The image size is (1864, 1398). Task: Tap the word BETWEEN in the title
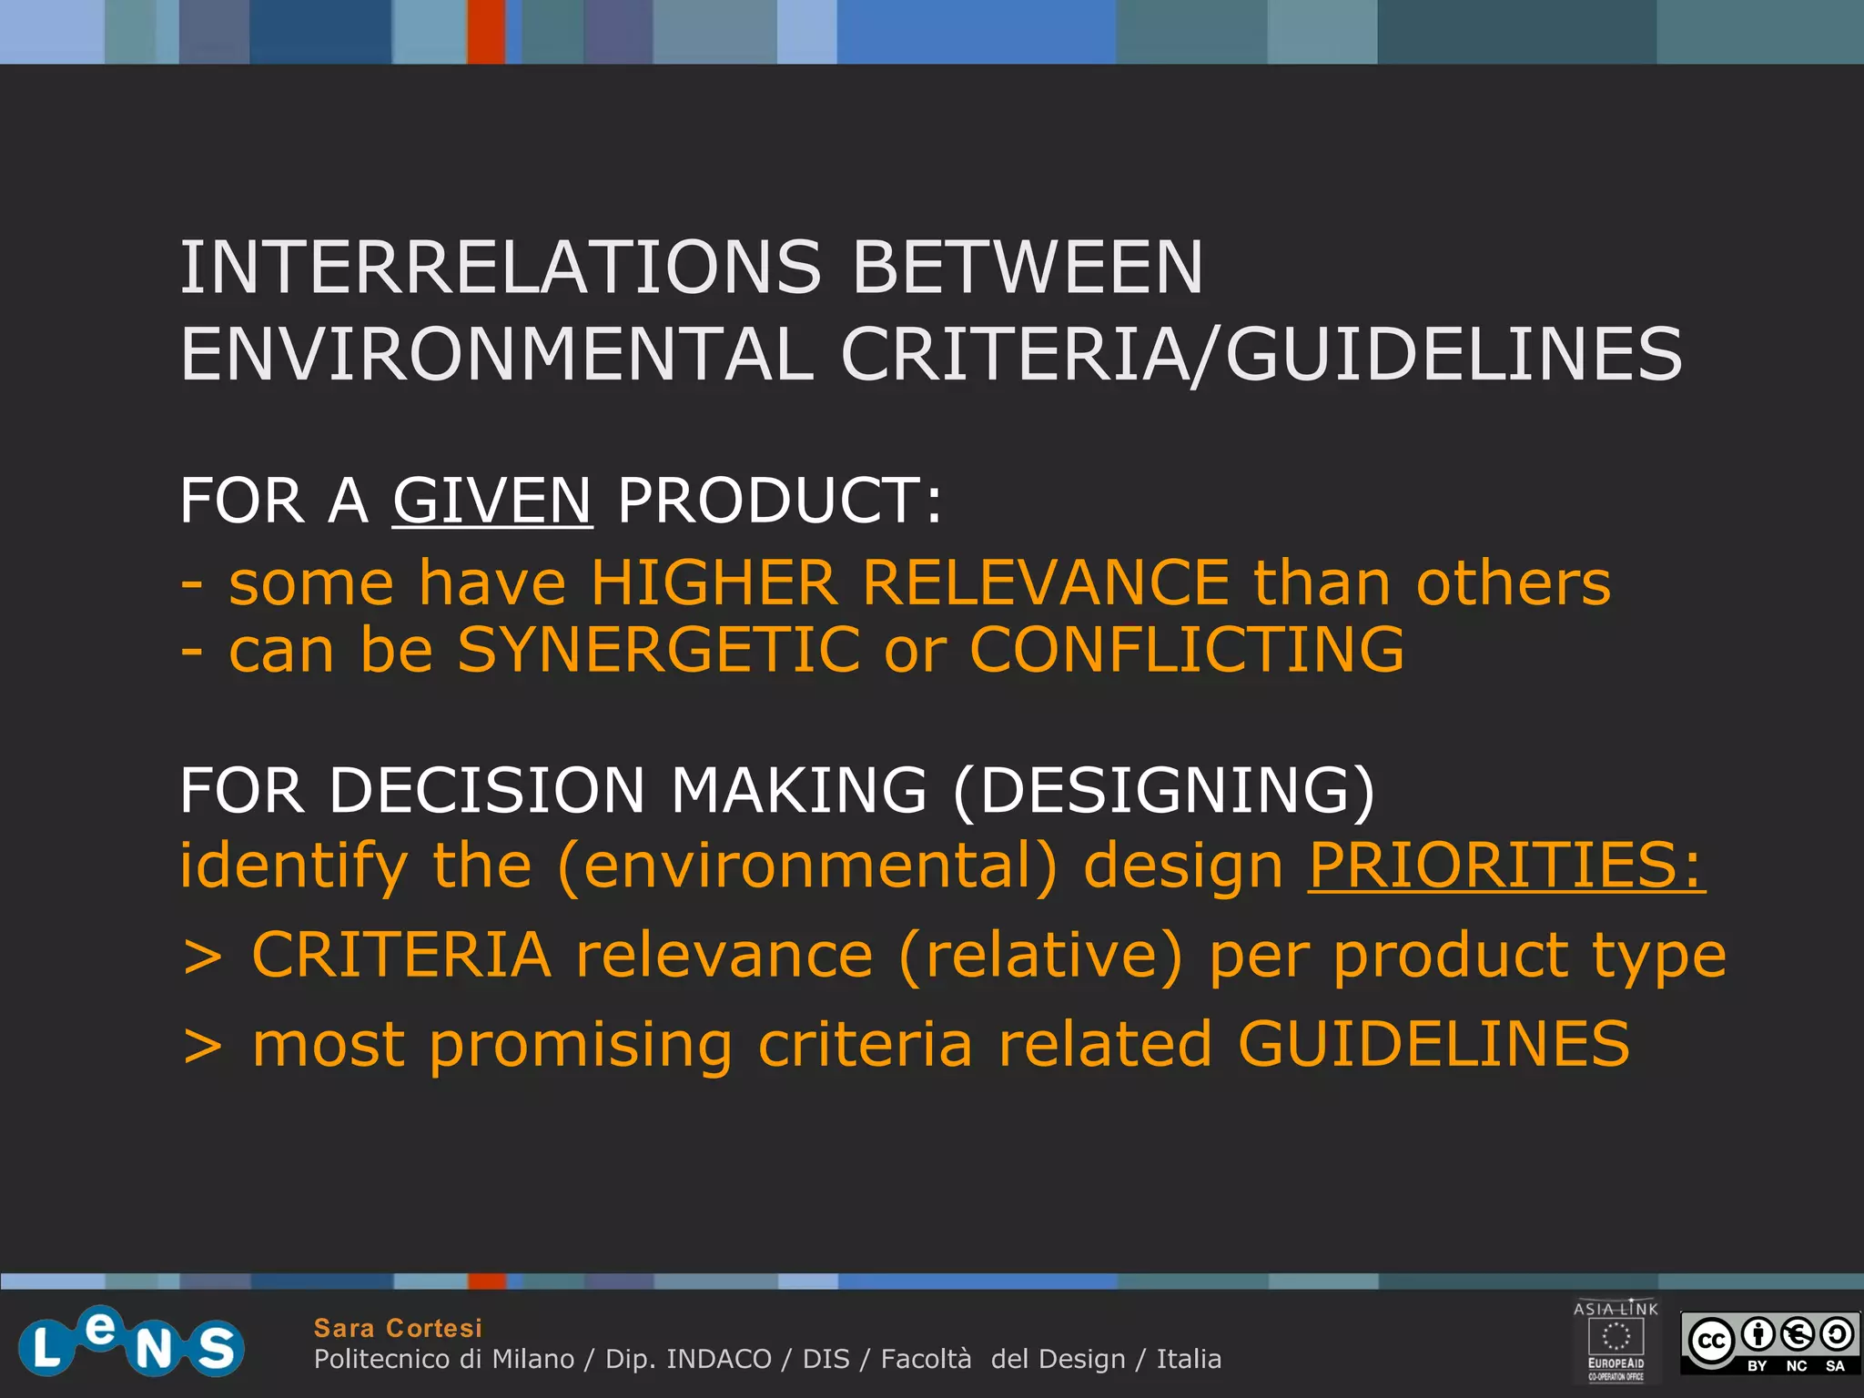coord(1028,268)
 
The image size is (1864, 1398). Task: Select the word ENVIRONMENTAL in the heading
coord(496,355)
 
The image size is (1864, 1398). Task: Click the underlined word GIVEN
coord(492,501)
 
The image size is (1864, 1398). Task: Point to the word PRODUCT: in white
coord(779,501)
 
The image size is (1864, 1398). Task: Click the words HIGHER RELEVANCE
coord(910,582)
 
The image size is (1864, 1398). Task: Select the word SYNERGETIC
coord(658,650)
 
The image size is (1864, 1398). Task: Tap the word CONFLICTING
coord(1187,650)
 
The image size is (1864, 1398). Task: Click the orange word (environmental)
coord(807,866)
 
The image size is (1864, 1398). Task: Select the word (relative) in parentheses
coord(1041,955)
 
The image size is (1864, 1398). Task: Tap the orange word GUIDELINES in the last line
coord(1433,1043)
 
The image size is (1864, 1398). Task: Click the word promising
coord(581,1045)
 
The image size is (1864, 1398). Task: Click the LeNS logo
coord(131,1342)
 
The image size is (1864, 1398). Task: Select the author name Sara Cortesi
coord(398,1328)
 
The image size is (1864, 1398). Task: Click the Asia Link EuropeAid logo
coord(1616,1340)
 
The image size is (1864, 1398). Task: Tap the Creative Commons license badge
coord(1769,1342)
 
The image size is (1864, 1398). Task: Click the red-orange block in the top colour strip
coord(486,31)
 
